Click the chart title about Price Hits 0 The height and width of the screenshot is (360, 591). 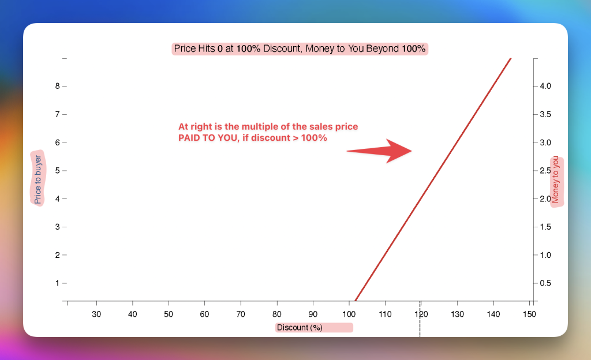coord(300,48)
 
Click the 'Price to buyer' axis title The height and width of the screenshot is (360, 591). coord(38,179)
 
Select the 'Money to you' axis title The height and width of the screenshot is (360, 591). coord(555,179)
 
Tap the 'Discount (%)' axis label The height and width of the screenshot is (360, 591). coord(300,328)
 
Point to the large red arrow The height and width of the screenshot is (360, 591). coord(379,151)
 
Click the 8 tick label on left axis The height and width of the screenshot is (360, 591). coord(57,86)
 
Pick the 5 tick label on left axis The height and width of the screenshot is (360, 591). coord(57,171)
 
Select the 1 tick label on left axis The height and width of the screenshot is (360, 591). coord(57,283)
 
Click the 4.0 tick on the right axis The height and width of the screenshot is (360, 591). coord(545,86)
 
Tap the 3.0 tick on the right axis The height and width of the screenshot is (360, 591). coord(545,142)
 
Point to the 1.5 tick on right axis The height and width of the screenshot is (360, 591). coord(545,227)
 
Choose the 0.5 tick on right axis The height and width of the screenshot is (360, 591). coord(545,283)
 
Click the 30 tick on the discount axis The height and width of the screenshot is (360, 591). coord(96,314)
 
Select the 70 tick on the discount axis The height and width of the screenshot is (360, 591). coord(241,314)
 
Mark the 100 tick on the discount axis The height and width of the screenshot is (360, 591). coord(349,314)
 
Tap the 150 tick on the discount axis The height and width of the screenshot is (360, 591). coord(529,314)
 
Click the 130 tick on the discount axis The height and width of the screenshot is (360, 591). coord(457,314)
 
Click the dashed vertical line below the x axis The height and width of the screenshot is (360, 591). coord(420,318)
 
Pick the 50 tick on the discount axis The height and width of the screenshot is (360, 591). coord(169,314)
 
